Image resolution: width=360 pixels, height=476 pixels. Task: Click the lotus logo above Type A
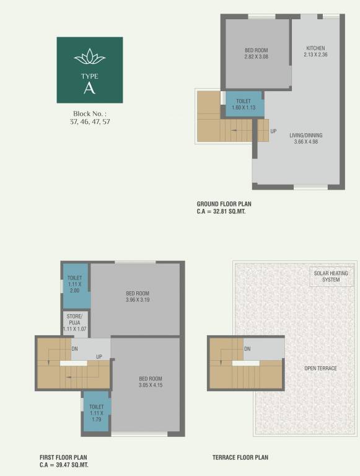[90, 58]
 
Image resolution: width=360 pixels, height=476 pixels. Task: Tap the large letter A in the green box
[90, 88]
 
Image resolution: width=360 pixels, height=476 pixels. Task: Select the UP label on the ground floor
[273, 131]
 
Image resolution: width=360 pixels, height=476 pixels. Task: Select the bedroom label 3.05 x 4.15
[151, 382]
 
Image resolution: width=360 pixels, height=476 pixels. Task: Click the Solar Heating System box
[331, 276]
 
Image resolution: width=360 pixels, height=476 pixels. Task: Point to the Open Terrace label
[320, 368]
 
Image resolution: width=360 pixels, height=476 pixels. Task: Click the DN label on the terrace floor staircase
[247, 350]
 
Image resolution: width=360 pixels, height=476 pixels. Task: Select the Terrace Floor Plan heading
[240, 457]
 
